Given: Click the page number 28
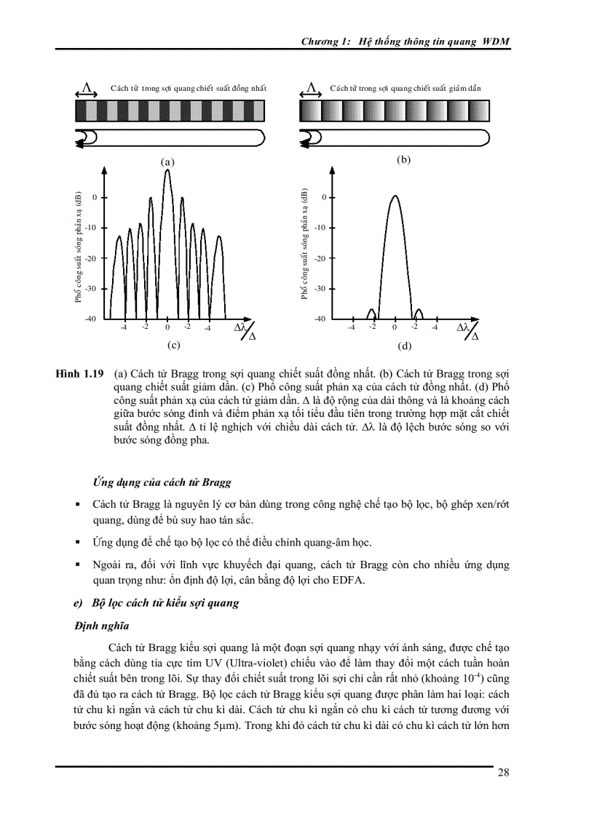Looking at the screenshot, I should [503, 773].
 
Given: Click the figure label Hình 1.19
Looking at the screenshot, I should [79, 373].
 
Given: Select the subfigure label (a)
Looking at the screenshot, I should [167, 162].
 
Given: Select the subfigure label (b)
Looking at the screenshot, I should [403, 159].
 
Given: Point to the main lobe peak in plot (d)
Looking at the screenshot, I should [394, 196].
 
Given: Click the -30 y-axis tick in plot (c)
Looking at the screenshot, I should [91, 288].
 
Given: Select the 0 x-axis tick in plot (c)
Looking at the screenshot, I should [167, 327].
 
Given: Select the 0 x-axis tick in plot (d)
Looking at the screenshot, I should [394, 327].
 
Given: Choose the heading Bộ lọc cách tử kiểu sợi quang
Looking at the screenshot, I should [165, 603].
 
